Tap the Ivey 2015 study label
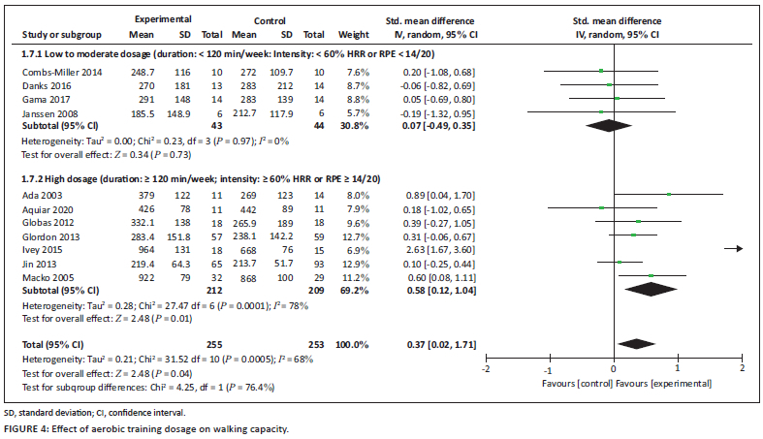tap(40, 248)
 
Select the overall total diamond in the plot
tap(637, 343)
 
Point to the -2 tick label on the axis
tap(486, 368)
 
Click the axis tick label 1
tap(678, 368)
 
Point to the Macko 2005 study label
tap(45, 275)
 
